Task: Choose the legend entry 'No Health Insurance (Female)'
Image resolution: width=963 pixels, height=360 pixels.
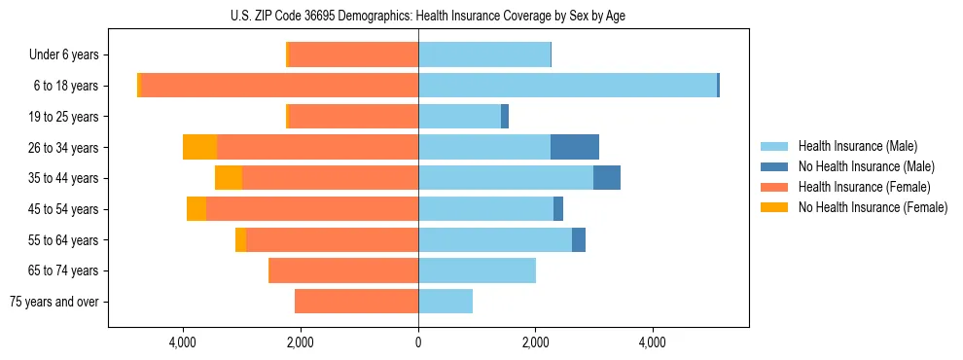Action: [873, 207]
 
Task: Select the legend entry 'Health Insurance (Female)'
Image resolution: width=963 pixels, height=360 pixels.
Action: [864, 187]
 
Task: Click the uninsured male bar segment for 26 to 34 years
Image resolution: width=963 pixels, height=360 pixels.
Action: [574, 147]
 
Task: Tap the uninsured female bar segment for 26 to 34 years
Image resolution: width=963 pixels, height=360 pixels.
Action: [199, 147]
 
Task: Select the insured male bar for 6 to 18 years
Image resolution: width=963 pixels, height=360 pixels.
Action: [567, 86]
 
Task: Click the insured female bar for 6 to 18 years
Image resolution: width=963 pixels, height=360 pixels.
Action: [280, 86]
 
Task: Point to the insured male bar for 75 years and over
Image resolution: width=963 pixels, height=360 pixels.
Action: [446, 302]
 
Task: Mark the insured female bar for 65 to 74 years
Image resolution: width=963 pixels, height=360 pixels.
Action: [343, 270]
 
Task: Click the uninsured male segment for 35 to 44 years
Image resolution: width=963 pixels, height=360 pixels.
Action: [607, 178]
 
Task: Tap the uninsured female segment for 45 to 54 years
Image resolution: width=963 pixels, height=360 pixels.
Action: [196, 209]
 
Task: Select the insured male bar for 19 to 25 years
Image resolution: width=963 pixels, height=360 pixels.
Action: [459, 117]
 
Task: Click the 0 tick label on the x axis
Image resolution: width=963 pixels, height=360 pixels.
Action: [418, 342]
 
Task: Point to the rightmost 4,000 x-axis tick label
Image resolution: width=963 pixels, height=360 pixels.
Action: [652, 342]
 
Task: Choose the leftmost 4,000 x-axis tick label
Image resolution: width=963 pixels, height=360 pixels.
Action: [183, 342]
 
